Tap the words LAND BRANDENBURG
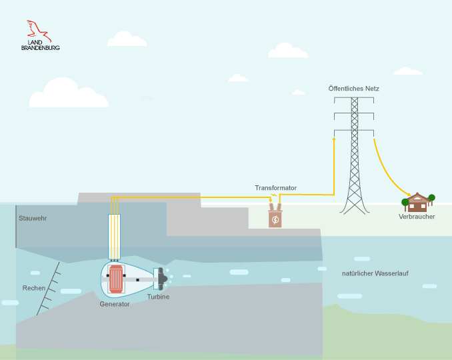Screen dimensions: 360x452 pyautogui.click(x=40, y=45)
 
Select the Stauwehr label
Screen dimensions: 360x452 pyautogui.click(x=33, y=218)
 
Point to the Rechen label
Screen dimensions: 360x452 pyautogui.click(x=34, y=288)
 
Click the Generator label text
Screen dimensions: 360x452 pyautogui.click(x=115, y=304)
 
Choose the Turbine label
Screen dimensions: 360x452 pyautogui.click(x=158, y=297)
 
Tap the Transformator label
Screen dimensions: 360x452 pyautogui.click(x=275, y=188)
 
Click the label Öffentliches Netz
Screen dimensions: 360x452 pyautogui.click(x=354, y=88)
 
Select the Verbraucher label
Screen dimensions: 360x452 pyautogui.click(x=417, y=217)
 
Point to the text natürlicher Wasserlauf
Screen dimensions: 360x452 pyautogui.click(x=375, y=273)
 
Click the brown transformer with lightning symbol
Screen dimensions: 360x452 pyautogui.click(x=275, y=219)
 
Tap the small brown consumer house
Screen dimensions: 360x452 pyautogui.click(x=418, y=202)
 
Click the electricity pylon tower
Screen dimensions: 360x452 pyautogui.click(x=354, y=160)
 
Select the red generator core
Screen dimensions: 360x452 pyautogui.click(x=117, y=279)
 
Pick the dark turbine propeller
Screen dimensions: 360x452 pyautogui.click(x=161, y=279)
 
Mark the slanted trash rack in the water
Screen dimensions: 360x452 pyautogui.click(x=48, y=289)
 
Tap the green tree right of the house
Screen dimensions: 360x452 pyautogui.click(x=431, y=198)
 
